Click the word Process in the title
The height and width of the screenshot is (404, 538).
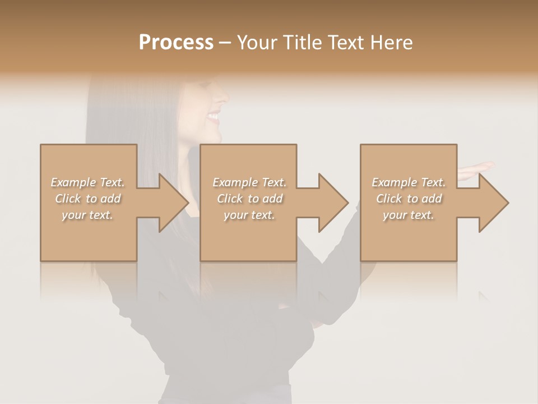click(x=176, y=43)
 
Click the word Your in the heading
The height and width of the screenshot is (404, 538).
click(x=256, y=43)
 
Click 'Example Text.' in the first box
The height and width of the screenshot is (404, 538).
click(x=88, y=182)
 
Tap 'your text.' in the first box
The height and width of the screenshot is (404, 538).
click(x=88, y=215)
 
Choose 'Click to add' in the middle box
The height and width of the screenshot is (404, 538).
click(x=249, y=199)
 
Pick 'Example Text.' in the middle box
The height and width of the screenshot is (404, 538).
click(x=249, y=182)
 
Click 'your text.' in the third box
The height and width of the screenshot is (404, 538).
click(x=409, y=215)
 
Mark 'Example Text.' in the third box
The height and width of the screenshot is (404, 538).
click(x=409, y=182)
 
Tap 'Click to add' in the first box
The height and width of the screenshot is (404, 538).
click(x=88, y=199)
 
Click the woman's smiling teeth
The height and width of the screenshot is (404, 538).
click(x=214, y=117)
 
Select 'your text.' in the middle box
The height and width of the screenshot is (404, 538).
click(x=249, y=215)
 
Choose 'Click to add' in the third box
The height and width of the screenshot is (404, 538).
click(x=409, y=199)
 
